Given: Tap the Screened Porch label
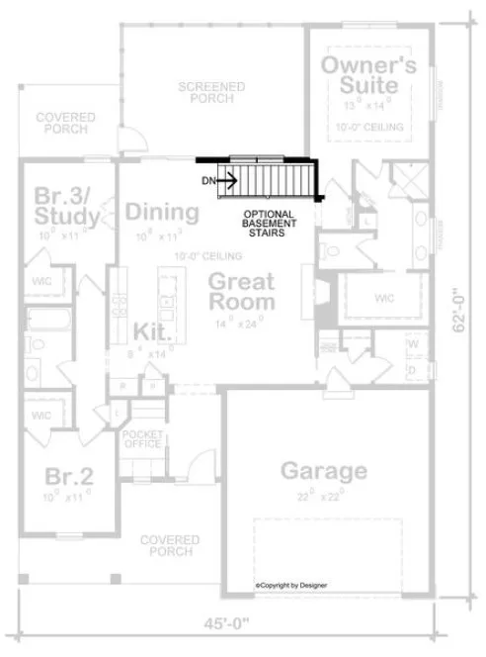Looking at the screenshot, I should pyautogui.click(x=211, y=93).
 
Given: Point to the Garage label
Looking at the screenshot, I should pyautogui.click(x=324, y=470).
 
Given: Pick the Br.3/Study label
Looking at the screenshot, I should pyautogui.click(x=66, y=204).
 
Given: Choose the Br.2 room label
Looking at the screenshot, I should pyautogui.click(x=69, y=477).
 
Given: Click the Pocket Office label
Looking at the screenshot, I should pyautogui.click(x=141, y=440).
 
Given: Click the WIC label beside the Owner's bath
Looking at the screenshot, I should pyautogui.click(x=384, y=297).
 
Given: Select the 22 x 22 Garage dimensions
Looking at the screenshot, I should pyautogui.click(x=323, y=496).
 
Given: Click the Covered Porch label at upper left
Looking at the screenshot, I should pyautogui.click(x=65, y=124).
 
